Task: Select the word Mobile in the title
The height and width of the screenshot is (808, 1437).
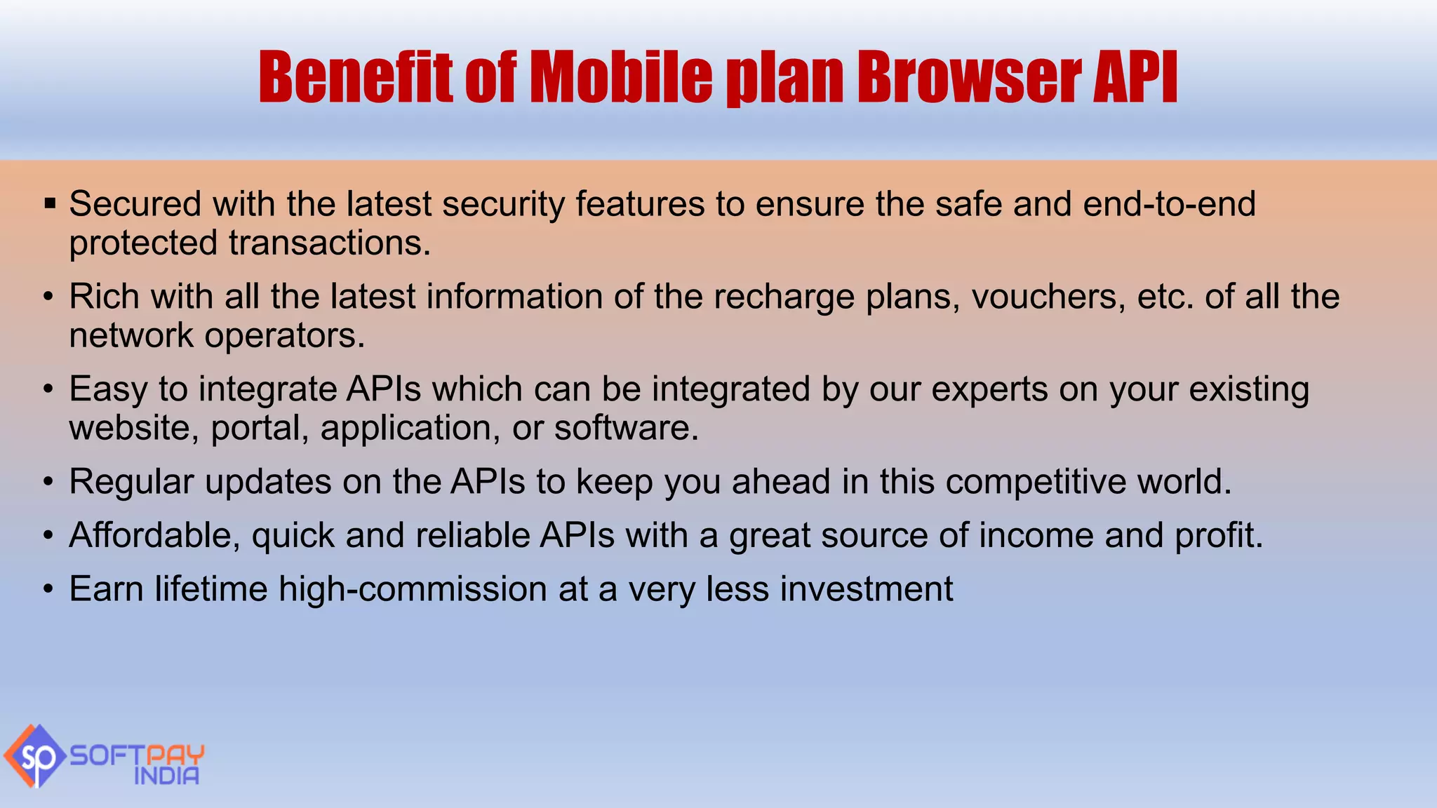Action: [x=620, y=77]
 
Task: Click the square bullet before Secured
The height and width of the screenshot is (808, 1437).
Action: [x=49, y=204]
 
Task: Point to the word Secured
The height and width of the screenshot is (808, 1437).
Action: [x=135, y=204]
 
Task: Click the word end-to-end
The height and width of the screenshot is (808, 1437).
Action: [x=1169, y=204]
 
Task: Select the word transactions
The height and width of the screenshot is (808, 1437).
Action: [x=329, y=243]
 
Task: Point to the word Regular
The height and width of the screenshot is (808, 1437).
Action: [x=131, y=483]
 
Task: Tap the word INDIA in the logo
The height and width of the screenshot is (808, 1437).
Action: [x=166, y=776]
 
